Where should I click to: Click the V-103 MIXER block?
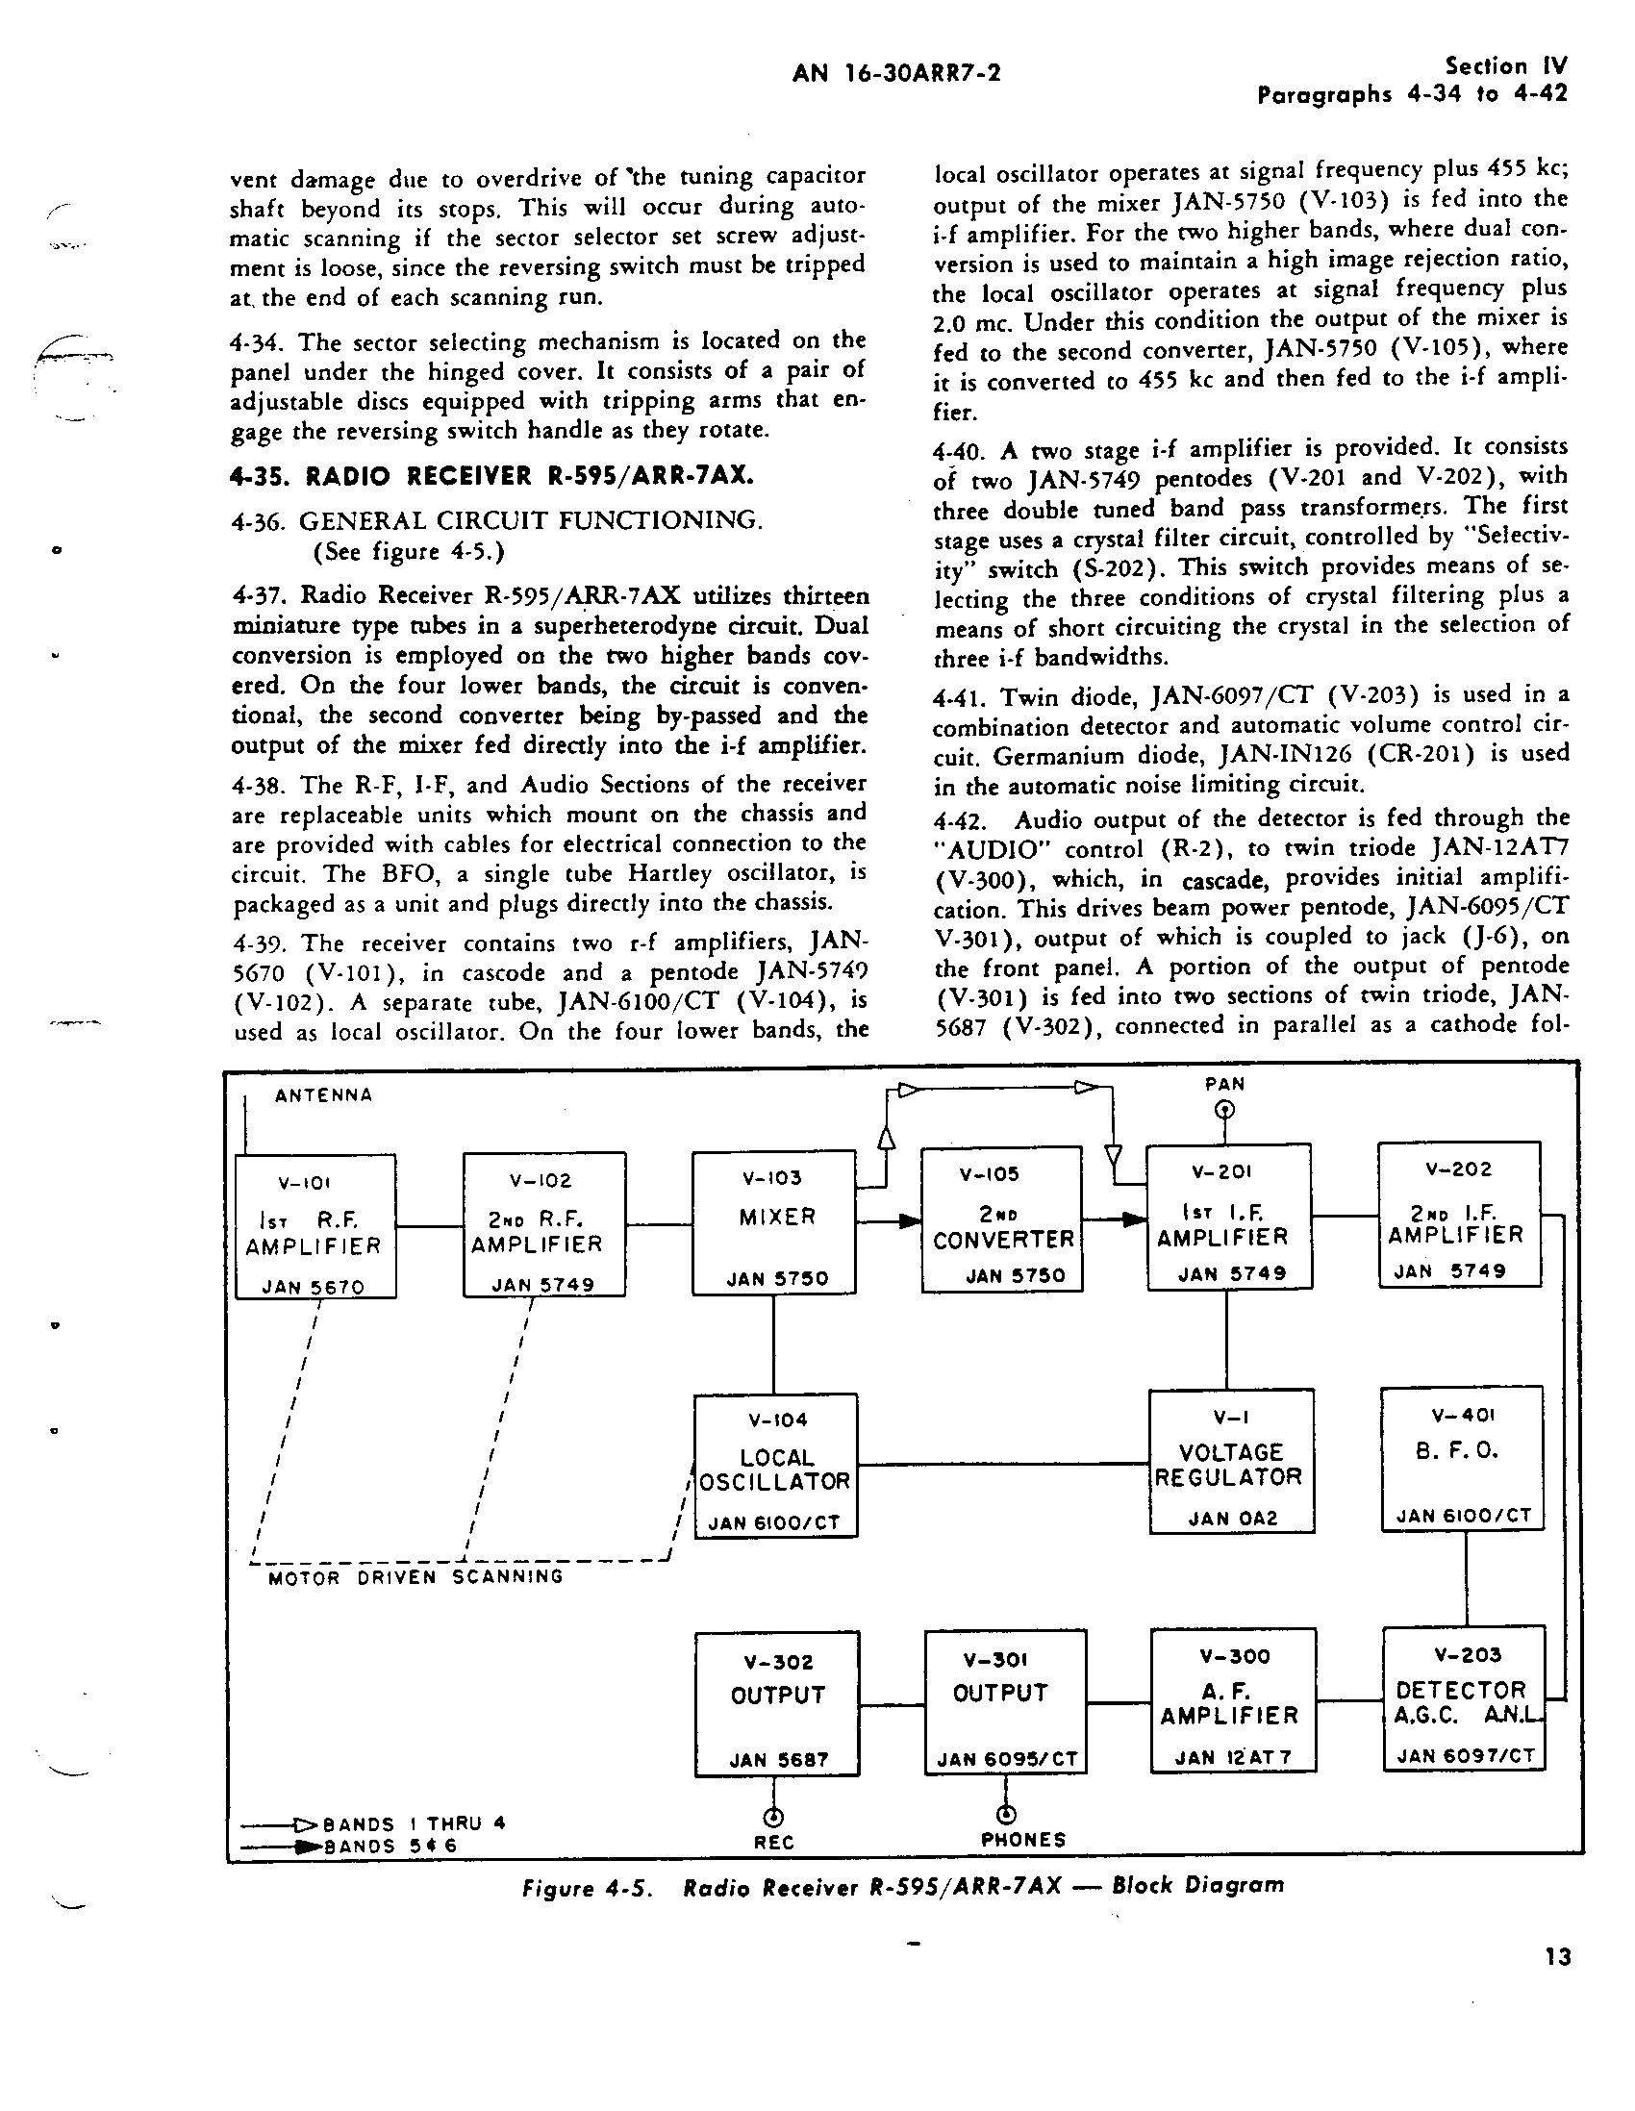tap(773, 1221)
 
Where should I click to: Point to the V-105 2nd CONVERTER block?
tap(1001, 1219)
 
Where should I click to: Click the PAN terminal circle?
tap(1224, 1110)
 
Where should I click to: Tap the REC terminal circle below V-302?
tap(772, 1816)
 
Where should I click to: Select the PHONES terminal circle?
tap(1006, 1813)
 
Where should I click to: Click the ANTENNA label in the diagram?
tap(323, 1095)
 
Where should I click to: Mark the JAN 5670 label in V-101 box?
tap(315, 1287)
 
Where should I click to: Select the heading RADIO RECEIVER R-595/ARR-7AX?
tap(492, 476)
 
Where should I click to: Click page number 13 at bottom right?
tap(1558, 1957)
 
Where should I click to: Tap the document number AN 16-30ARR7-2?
tap(896, 73)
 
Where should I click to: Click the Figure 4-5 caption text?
tap(903, 1886)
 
